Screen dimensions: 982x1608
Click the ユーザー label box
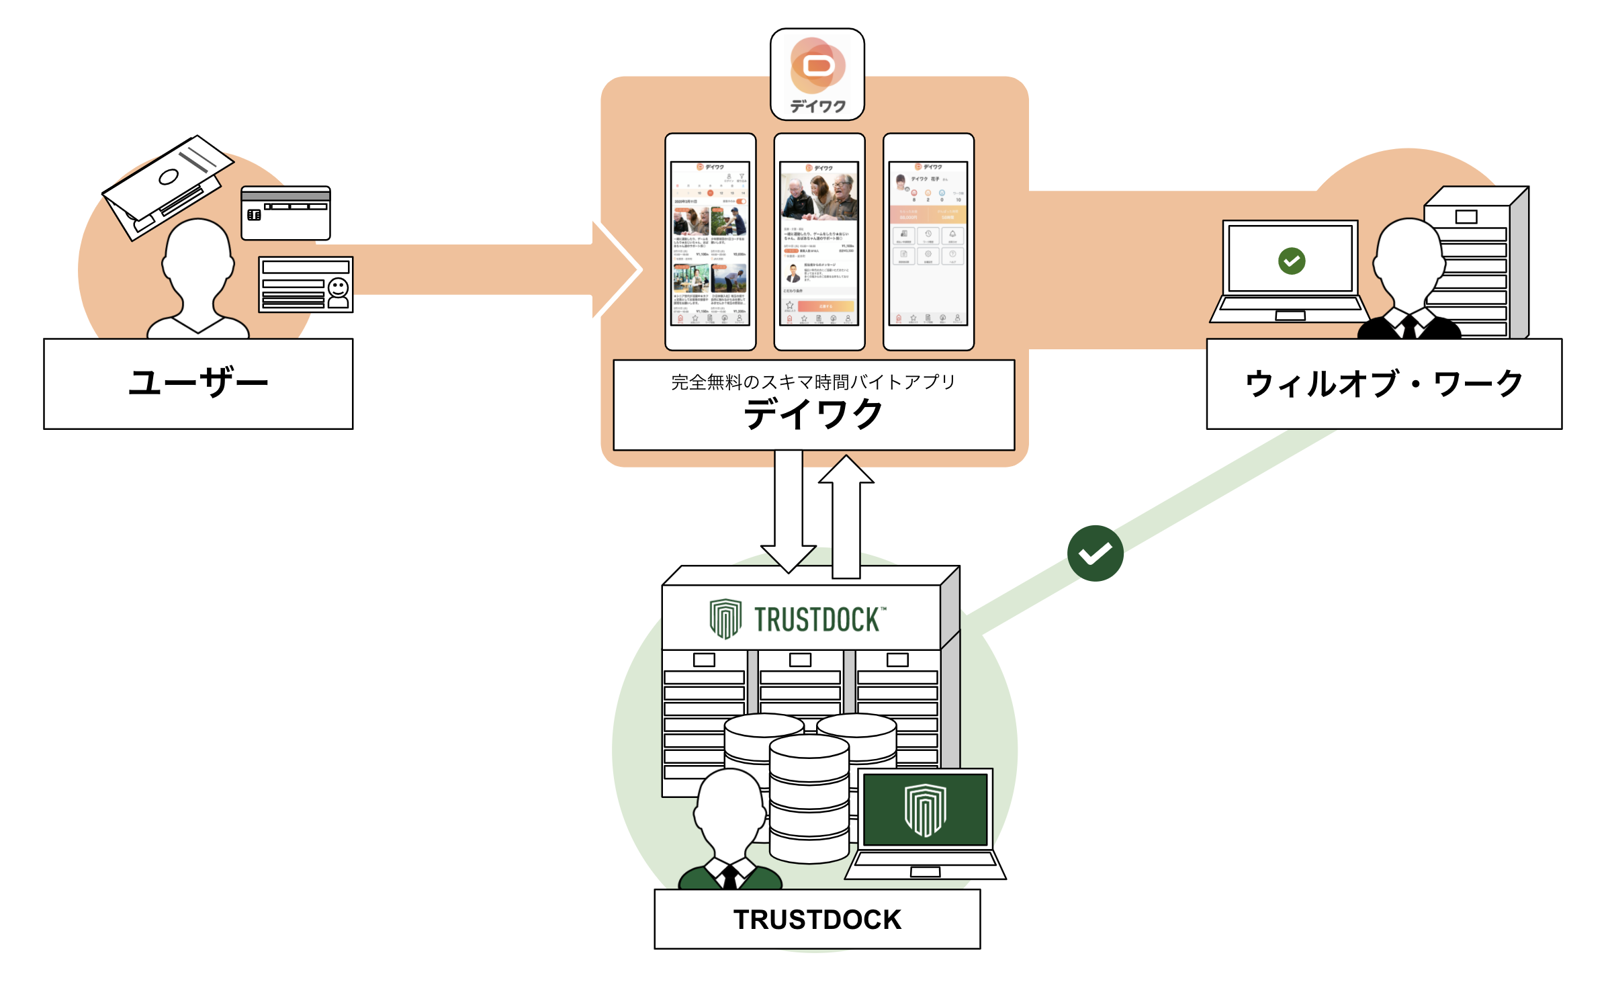click(x=198, y=384)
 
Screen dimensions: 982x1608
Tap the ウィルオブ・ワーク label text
click(x=1384, y=384)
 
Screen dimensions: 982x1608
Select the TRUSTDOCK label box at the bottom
click(x=817, y=919)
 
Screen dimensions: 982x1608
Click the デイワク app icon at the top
click(x=817, y=74)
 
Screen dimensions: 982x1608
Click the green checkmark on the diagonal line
click(x=1095, y=553)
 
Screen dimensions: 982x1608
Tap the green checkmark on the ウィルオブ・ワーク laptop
click(x=1291, y=261)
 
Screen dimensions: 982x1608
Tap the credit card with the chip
click(x=285, y=213)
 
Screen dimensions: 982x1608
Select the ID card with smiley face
click(x=306, y=284)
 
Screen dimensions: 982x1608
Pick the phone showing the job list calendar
click(x=710, y=242)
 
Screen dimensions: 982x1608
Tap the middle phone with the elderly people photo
click(x=819, y=242)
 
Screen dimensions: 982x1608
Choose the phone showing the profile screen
click(x=928, y=242)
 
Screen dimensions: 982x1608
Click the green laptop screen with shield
click(x=925, y=809)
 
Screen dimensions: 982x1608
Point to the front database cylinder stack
click(x=809, y=799)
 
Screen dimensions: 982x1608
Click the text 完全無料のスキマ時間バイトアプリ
click(x=813, y=382)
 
